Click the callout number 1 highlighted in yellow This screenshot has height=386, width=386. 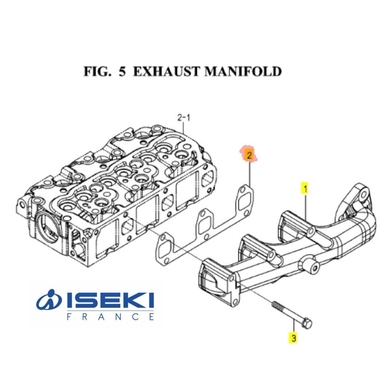pyautogui.click(x=304, y=188)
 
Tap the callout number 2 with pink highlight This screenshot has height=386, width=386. pyautogui.click(x=249, y=155)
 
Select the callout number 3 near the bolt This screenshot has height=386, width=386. pyautogui.click(x=292, y=337)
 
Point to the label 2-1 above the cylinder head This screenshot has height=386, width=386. pyautogui.click(x=184, y=117)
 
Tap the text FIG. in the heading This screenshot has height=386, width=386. pyautogui.click(x=96, y=71)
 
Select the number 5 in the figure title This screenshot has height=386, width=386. pyautogui.click(x=121, y=71)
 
